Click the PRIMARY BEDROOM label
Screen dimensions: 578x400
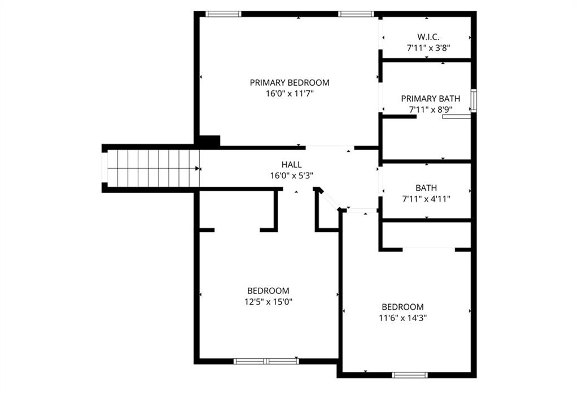click(x=290, y=82)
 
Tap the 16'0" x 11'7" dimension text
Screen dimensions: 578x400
click(x=290, y=94)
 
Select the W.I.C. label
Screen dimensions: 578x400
click(x=428, y=37)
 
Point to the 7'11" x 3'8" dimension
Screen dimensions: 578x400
click(x=428, y=47)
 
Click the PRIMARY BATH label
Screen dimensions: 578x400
click(x=431, y=99)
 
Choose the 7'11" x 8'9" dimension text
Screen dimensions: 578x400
click(x=431, y=109)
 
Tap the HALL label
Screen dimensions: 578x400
click(x=292, y=165)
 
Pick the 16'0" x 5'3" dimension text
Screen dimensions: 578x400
click(x=292, y=175)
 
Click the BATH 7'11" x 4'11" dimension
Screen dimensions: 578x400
click(x=426, y=199)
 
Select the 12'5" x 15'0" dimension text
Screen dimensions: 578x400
click(x=268, y=302)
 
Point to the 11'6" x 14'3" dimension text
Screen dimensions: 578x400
click(x=402, y=318)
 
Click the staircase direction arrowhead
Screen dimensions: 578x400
click(x=198, y=169)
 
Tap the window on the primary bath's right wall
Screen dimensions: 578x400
click(x=474, y=100)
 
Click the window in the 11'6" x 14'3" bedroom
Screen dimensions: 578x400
click(x=410, y=375)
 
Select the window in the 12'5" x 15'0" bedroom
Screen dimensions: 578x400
click(x=266, y=361)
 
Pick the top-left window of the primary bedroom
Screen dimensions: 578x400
click(x=223, y=14)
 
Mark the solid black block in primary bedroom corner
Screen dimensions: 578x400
click(x=209, y=141)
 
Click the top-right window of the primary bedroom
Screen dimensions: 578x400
click(x=356, y=14)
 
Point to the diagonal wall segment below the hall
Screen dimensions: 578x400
click(x=329, y=200)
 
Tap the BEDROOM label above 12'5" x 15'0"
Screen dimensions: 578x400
click(x=268, y=291)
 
